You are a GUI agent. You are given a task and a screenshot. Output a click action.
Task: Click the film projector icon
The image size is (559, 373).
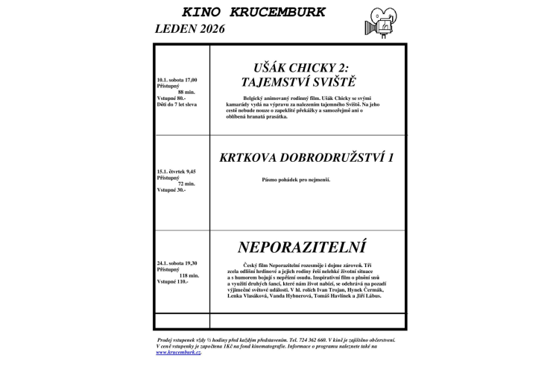[x=384, y=20]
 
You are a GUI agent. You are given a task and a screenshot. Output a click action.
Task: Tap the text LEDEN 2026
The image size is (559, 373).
[x=189, y=30]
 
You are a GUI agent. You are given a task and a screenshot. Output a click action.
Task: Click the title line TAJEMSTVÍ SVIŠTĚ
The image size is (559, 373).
[x=308, y=81]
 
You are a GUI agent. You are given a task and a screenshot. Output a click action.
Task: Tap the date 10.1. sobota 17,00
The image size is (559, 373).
[x=177, y=79]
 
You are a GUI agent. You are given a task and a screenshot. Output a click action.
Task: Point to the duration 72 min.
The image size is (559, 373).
[x=186, y=184]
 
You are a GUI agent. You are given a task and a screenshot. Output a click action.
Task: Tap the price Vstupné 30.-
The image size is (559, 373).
[x=171, y=189]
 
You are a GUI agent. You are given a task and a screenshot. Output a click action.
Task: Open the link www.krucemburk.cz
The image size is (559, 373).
[x=179, y=352]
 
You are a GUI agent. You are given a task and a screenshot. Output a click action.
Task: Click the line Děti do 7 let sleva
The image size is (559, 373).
[x=177, y=104]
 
